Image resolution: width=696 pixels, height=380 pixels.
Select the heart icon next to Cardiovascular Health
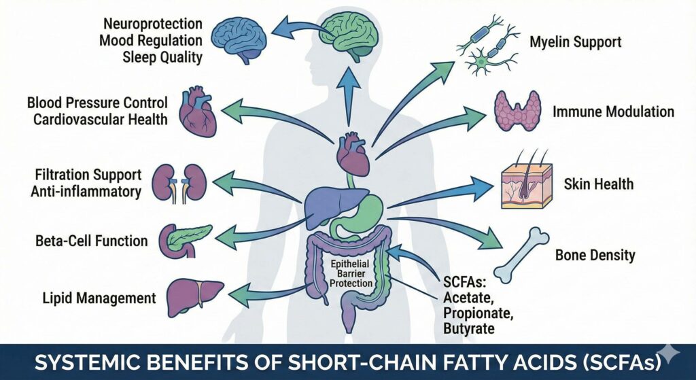[196, 111]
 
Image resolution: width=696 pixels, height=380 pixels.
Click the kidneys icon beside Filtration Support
[177, 183]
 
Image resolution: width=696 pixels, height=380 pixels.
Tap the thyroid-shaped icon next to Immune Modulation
[516, 111]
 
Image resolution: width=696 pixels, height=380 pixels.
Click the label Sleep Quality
[162, 57]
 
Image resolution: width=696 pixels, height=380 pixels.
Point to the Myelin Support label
[575, 42]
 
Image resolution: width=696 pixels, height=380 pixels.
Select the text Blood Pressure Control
[97, 104]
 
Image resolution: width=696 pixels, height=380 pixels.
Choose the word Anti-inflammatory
[86, 191]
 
